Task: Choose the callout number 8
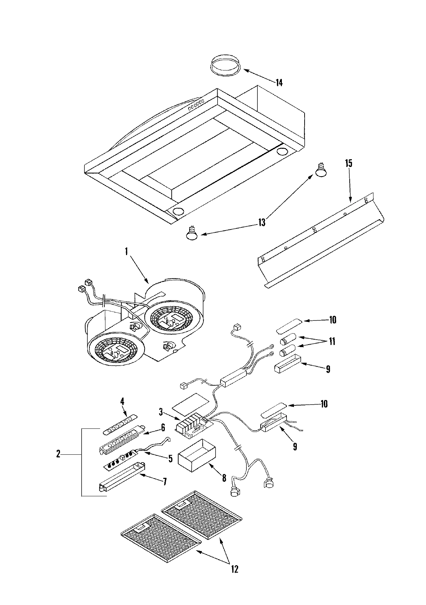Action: [x=224, y=478]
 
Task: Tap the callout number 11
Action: [x=332, y=342]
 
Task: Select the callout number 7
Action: [x=164, y=482]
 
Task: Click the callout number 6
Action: [x=163, y=428]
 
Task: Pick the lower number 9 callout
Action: [x=295, y=446]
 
